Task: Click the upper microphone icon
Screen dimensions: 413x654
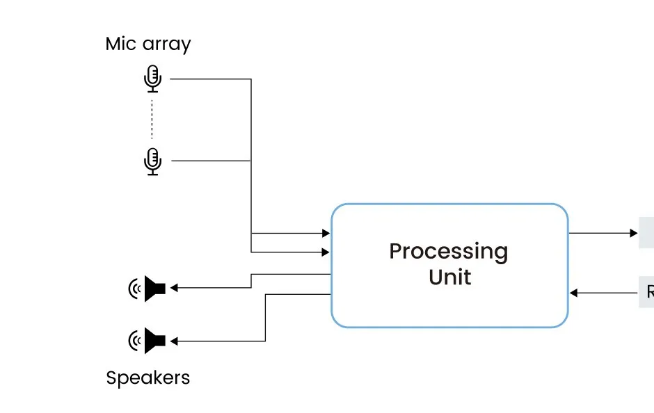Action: click(x=152, y=79)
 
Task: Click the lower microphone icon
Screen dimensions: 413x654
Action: click(x=152, y=161)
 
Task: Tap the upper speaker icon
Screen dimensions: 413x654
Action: click(x=154, y=288)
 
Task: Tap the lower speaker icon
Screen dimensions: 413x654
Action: click(x=154, y=341)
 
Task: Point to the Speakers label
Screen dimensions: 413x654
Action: click(x=147, y=378)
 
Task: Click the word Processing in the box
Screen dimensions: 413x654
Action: click(x=449, y=251)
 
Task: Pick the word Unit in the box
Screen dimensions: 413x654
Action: click(x=449, y=277)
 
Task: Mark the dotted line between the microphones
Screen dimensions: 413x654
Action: click(x=152, y=120)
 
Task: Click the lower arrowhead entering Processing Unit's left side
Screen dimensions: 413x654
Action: click(x=326, y=252)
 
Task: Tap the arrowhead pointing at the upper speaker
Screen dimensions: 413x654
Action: click(x=174, y=288)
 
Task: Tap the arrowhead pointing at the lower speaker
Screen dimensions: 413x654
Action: click(x=174, y=341)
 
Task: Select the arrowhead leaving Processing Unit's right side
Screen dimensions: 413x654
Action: click(x=633, y=234)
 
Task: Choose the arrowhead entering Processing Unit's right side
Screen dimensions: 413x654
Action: click(x=574, y=293)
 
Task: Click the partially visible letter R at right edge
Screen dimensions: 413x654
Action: click(x=650, y=292)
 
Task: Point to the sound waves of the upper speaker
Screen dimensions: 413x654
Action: click(x=134, y=288)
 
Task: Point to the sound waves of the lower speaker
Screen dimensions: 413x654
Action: click(x=134, y=341)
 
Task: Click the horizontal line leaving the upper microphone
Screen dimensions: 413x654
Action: click(x=209, y=79)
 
